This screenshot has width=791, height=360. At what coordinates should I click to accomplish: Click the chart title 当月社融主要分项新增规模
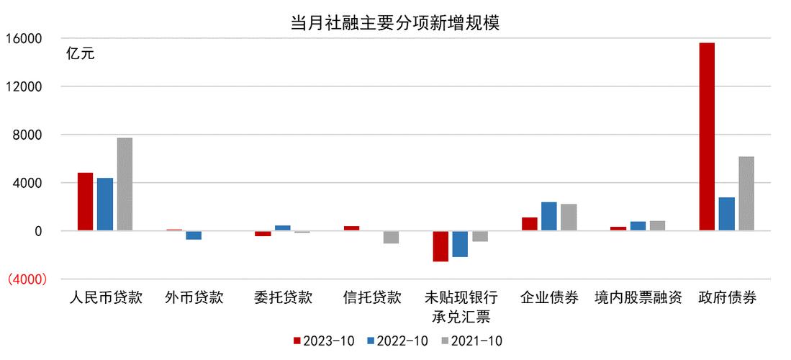click(394, 22)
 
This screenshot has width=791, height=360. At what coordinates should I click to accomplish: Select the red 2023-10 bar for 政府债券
click(706, 137)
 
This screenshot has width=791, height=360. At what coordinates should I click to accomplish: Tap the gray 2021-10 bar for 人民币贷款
click(125, 184)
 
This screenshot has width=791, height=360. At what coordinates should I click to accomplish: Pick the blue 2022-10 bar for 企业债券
click(549, 216)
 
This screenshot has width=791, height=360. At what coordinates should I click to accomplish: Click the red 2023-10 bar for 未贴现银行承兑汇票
click(440, 246)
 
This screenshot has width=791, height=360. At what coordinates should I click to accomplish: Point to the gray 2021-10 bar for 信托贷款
click(391, 238)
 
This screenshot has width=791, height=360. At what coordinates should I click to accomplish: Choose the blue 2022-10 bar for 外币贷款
click(194, 235)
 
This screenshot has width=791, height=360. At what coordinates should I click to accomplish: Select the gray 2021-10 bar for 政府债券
click(746, 194)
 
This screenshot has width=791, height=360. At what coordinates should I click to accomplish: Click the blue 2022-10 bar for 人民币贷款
click(105, 204)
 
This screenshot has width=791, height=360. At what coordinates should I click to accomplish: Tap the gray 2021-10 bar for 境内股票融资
click(657, 226)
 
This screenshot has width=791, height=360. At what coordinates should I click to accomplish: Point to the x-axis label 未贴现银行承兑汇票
click(461, 307)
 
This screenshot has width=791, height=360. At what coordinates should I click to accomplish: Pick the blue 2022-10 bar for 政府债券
click(726, 214)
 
